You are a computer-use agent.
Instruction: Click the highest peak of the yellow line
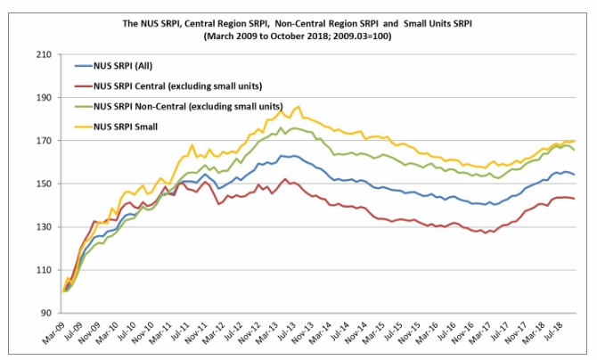[298, 106]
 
